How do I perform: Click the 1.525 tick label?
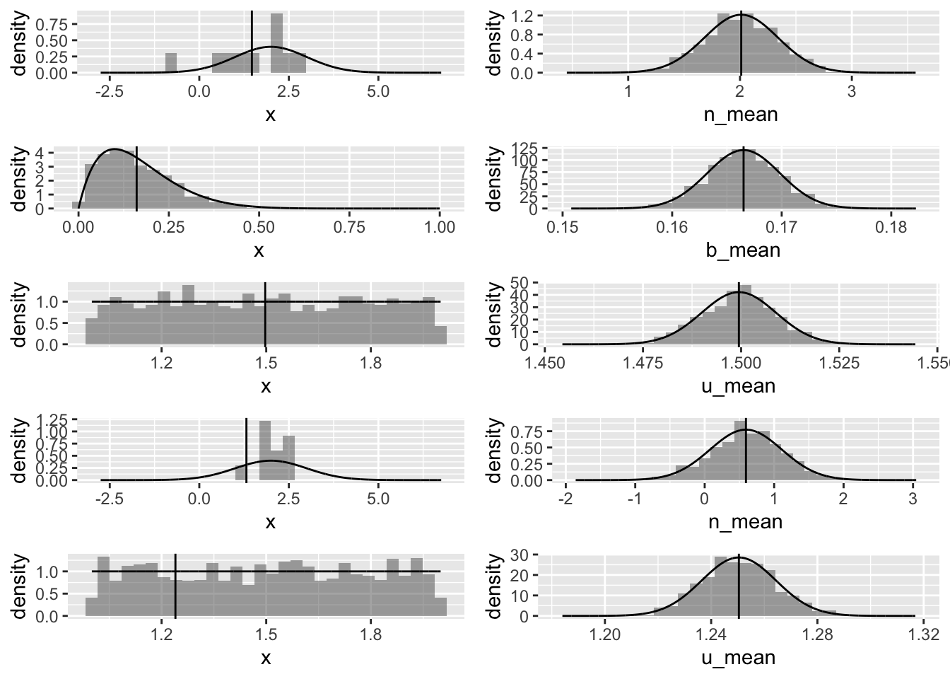click(x=838, y=364)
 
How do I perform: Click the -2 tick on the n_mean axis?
click(x=565, y=499)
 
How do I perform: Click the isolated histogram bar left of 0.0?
click(x=170, y=63)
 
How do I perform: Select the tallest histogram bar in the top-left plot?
click(x=276, y=42)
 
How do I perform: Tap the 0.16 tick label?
click(x=672, y=228)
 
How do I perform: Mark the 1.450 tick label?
click(x=544, y=364)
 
